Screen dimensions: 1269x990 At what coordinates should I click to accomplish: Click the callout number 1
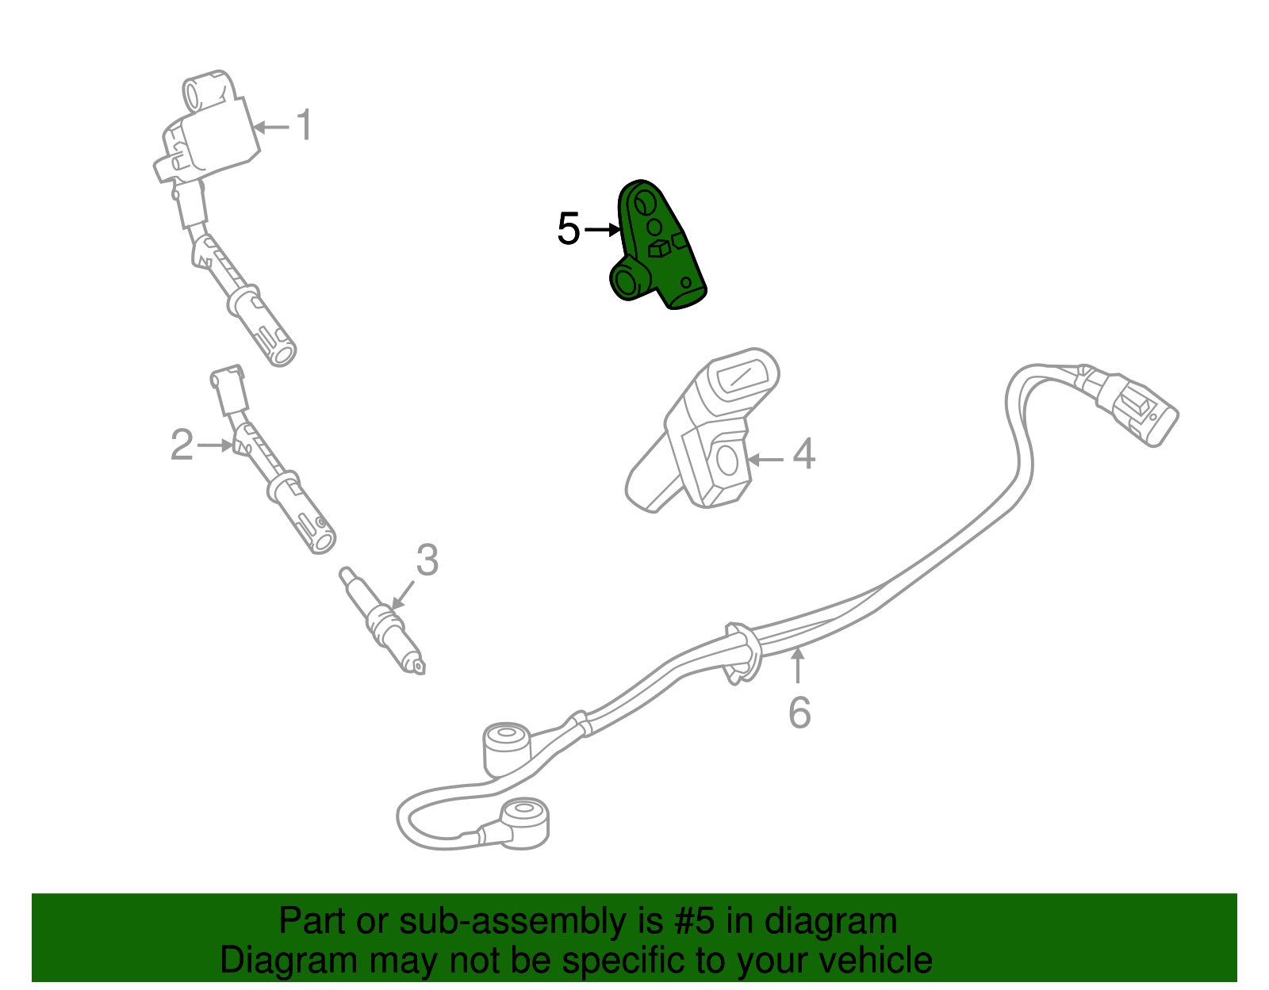pyautogui.click(x=305, y=125)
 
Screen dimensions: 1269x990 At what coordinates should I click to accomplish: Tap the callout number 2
pyautogui.click(x=182, y=445)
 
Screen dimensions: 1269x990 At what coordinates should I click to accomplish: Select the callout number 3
pyautogui.click(x=427, y=560)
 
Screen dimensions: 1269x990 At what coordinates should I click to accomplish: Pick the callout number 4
pyautogui.click(x=803, y=453)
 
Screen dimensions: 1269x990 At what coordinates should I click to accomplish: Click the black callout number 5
pyautogui.click(x=569, y=228)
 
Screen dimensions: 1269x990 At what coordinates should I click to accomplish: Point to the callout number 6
pyautogui.click(x=799, y=713)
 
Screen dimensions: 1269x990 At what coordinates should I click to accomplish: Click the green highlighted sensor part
pyautogui.click(x=656, y=245)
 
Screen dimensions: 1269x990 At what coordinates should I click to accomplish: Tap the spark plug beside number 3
pyautogui.click(x=382, y=620)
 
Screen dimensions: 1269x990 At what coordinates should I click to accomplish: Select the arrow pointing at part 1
pyautogui.click(x=271, y=127)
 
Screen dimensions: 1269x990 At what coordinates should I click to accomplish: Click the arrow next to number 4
pyautogui.click(x=765, y=460)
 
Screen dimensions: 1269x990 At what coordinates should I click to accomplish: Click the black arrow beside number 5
pyautogui.click(x=603, y=229)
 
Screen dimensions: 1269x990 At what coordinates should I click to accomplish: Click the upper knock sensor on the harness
pyautogui.click(x=507, y=750)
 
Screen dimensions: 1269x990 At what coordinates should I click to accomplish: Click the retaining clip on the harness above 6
pyautogui.click(x=743, y=653)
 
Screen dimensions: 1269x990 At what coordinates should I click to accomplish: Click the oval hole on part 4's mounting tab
pyautogui.click(x=727, y=461)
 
